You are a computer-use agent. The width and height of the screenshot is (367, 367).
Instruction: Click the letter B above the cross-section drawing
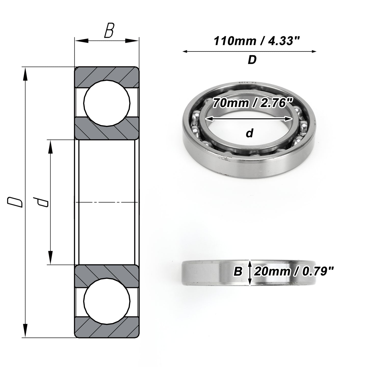coord(109,30)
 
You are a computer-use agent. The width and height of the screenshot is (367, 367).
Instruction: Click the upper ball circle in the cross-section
coord(107,103)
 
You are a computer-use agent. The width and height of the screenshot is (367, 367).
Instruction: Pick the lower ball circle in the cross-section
coord(107,302)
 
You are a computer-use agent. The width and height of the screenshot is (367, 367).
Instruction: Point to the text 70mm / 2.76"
coord(252,103)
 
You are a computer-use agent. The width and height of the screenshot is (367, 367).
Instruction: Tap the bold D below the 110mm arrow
coord(252,60)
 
